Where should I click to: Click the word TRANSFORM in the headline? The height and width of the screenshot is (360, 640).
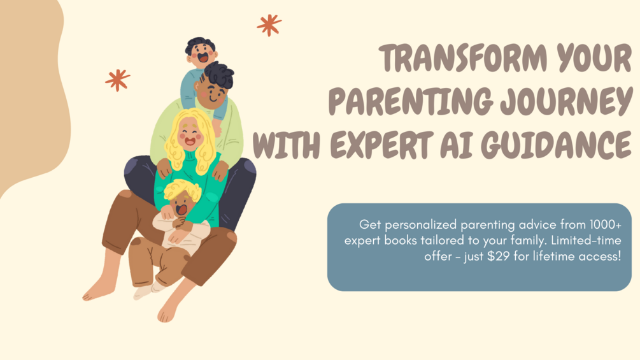point(463,59)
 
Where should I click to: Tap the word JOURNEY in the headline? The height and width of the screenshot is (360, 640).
point(566,101)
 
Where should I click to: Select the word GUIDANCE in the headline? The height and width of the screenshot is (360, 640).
point(557,145)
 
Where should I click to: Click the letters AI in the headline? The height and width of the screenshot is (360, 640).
point(457,145)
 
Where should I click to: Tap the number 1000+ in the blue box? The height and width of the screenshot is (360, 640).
point(606,224)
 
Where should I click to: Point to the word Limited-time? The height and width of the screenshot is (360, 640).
point(586,240)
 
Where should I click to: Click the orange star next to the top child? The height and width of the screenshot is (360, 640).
point(269,25)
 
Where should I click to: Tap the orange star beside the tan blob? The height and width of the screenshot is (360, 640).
point(118,80)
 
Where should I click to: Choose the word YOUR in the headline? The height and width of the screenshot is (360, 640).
point(594,59)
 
